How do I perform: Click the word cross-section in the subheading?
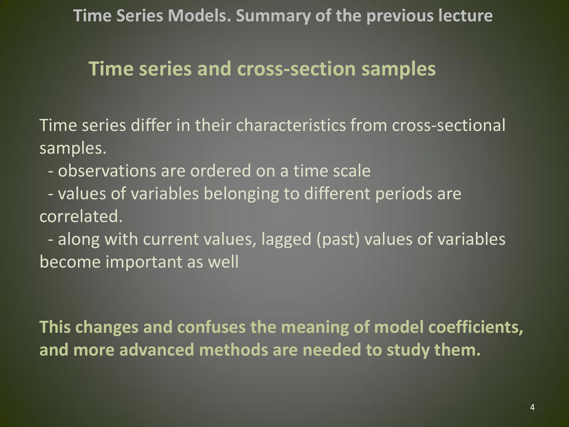[296, 69]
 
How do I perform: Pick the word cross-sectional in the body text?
[448, 125]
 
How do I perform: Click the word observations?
[107, 171]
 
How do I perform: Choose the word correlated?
[81, 216]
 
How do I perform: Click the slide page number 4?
[532, 407]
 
